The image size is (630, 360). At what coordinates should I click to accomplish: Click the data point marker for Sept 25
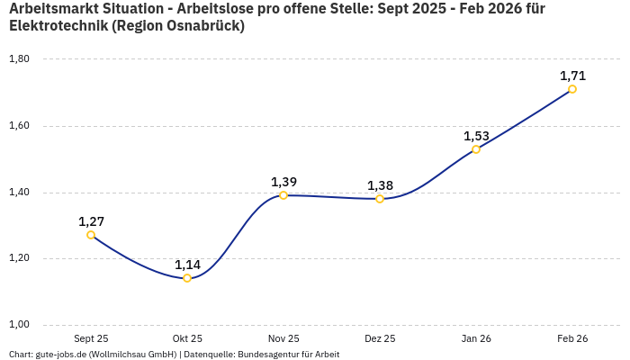91,235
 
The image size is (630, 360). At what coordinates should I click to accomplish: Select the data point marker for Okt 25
187,278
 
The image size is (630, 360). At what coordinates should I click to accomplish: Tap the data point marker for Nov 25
283,195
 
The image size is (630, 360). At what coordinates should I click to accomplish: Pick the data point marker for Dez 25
380,199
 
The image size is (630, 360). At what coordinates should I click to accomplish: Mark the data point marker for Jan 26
476,149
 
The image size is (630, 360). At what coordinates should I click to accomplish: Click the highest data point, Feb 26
572,89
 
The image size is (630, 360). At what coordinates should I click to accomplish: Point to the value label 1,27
91,221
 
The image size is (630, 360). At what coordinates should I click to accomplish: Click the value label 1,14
187,265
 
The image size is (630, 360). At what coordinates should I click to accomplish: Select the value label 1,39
283,182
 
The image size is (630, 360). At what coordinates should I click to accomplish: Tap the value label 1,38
380,185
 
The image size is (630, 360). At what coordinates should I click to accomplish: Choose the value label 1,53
476,136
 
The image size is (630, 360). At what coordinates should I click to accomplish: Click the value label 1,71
572,76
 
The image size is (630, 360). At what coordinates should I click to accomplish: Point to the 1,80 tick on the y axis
19,59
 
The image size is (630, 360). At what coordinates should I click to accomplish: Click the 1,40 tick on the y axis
19,193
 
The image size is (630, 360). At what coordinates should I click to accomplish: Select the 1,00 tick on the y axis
19,325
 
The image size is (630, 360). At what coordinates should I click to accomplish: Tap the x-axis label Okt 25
187,338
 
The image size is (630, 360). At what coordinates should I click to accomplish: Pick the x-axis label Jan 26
476,338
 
